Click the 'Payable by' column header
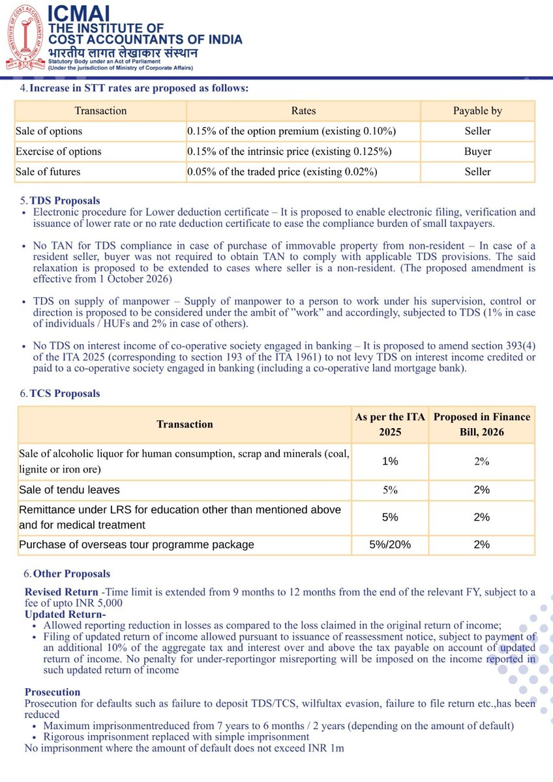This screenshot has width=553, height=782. click(477, 111)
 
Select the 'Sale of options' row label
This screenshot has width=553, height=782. click(49, 131)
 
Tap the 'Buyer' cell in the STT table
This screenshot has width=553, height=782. click(477, 151)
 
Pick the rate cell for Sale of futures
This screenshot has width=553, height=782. click(282, 172)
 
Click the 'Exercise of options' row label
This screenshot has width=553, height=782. click(59, 151)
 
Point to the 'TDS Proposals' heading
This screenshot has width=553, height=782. click(65, 201)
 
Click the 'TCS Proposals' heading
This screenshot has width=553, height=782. click(65, 394)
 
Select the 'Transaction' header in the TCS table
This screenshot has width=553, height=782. click(185, 424)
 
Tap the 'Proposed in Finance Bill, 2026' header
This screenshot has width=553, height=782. click(481, 424)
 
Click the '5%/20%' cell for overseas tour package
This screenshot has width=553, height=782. click(390, 545)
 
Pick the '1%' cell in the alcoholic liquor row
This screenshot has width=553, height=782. click(390, 461)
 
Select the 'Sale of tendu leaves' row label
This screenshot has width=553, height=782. click(69, 490)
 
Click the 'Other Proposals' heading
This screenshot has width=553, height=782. click(71, 574)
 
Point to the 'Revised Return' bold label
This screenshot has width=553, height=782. click(61, 592)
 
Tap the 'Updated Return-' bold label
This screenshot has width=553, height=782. click(65, 614)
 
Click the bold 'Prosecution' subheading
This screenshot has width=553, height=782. click(52, 692)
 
